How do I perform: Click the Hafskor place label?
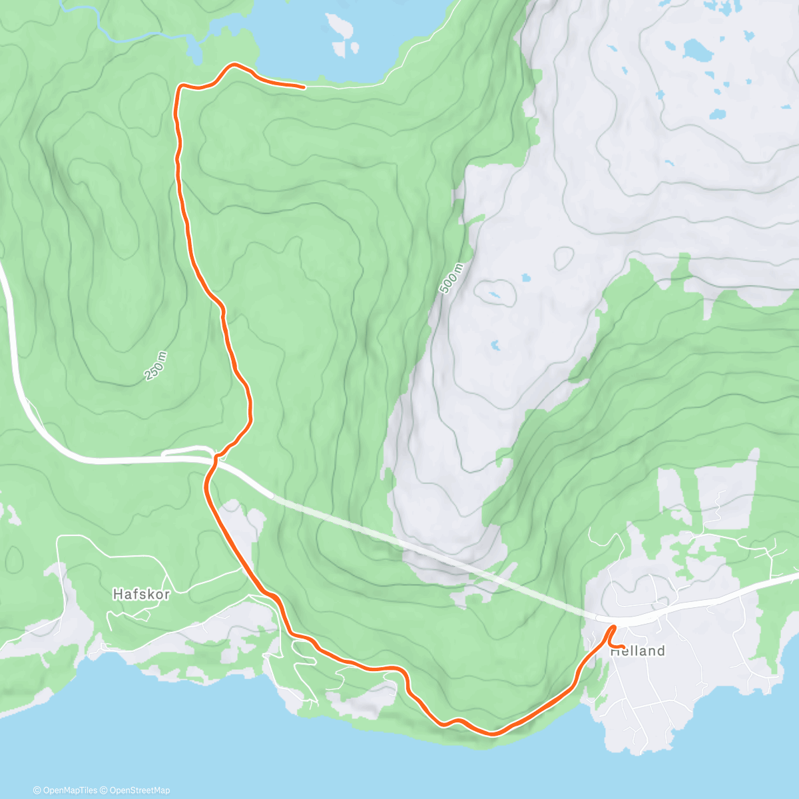coord(140,593)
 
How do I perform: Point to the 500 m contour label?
coord(452,279)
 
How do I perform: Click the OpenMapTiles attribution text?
coord(65,790)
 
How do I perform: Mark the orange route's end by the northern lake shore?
coord(304,87)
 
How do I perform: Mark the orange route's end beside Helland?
coord(623,647)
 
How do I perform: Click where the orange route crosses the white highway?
coord(214,458)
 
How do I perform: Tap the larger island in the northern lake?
coord(340,26)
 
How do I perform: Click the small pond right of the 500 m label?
coord(495,294)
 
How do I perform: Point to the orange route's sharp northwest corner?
coord(178,87)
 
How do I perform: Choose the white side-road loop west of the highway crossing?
coord(186,452)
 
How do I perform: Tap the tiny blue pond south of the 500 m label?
coord(494,345)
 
